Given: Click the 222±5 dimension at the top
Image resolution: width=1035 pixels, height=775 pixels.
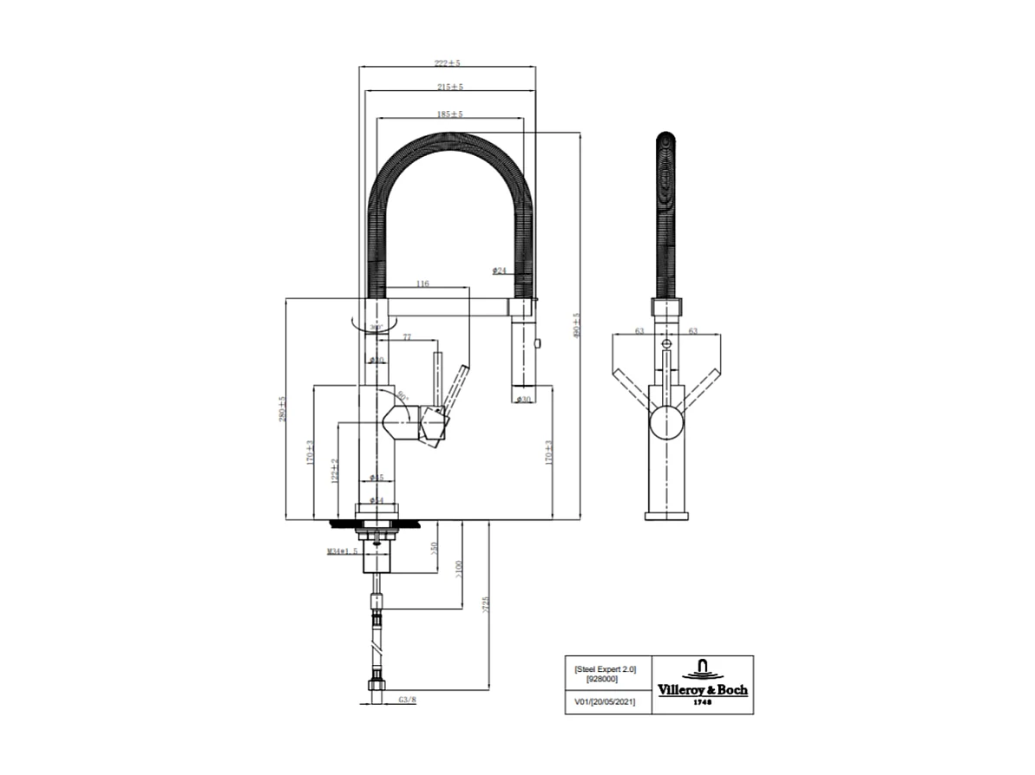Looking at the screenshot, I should click(x=448, y=63).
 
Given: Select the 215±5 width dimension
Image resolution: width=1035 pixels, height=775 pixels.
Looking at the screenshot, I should click(x=450, y=87).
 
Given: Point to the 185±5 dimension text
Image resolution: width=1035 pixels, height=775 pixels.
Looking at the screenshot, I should click(x=450, y=114).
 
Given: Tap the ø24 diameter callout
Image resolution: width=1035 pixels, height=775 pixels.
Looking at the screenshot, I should click(x=499, y=270).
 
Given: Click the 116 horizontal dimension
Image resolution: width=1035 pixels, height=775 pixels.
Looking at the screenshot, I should click(x=423, y=283).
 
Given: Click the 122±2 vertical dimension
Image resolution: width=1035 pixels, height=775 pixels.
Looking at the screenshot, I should click(x=335, y=470).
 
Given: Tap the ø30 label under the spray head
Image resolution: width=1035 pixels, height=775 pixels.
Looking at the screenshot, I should click(x=523, y=399).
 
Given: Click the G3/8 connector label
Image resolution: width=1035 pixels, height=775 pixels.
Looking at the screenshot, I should click(x=407, y=699).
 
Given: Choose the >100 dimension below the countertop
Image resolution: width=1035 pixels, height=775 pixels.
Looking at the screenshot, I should click(x=459, y=570).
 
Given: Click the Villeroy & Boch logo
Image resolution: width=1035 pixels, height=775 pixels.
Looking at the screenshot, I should click(x=702, y=684).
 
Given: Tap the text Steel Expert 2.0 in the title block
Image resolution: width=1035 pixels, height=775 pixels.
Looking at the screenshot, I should click(x=605, y=668).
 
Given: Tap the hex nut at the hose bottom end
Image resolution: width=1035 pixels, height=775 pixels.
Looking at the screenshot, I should click(x=376, y=686).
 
